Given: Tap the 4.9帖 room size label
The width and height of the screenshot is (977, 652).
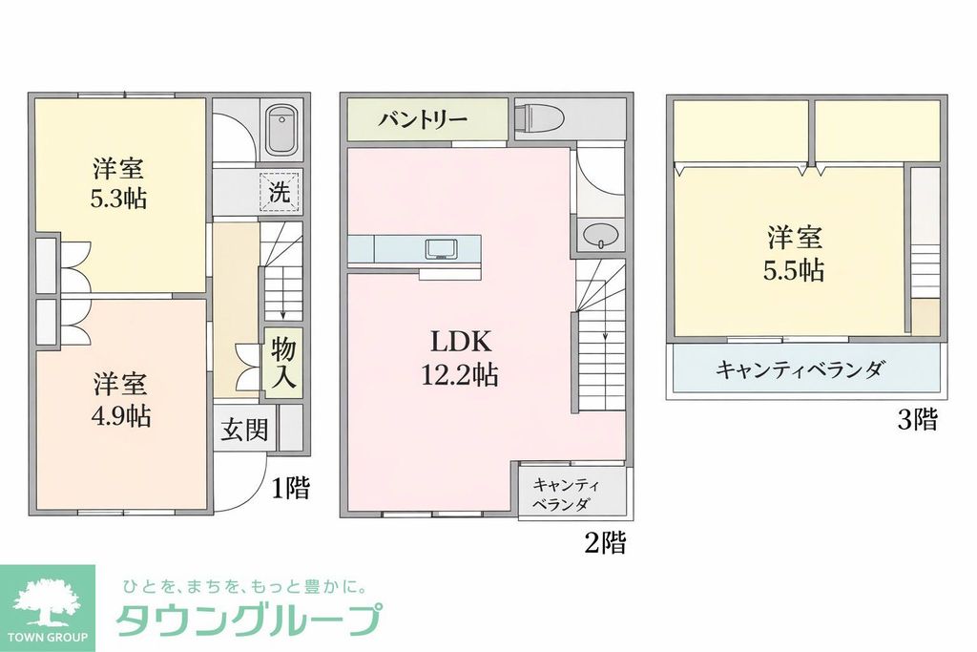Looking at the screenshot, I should click(119, 416).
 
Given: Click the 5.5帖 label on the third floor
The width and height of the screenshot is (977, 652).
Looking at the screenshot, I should click(793, 270).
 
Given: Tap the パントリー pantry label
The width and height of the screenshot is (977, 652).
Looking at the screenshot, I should click(423, 120).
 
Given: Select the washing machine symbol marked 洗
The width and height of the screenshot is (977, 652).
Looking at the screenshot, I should click(280, 191).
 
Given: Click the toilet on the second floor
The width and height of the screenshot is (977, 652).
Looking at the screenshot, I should click(537, 118).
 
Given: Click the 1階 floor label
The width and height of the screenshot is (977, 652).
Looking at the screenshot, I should click(290, 490).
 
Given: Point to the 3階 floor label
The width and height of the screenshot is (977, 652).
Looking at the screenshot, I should click(917, 420).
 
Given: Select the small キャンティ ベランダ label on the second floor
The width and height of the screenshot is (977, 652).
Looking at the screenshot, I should click(562, 494).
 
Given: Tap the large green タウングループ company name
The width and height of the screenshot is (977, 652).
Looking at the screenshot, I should click(248, 621).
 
